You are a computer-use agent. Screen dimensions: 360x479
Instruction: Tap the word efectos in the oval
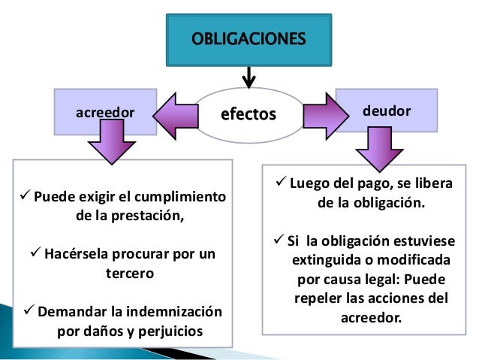pyautogui.click(x=248, y=115)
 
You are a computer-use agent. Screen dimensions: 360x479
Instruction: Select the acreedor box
pyautogui.click(x=106, y=112)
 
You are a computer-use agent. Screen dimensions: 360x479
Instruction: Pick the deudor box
pyautogui.click(x=386, y=110)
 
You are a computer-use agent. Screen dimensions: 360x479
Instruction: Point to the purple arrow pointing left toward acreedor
pyautogui.click(x=175, y=115)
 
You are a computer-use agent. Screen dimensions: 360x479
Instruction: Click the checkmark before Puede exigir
pyautogui.click(x=22, y=198)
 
